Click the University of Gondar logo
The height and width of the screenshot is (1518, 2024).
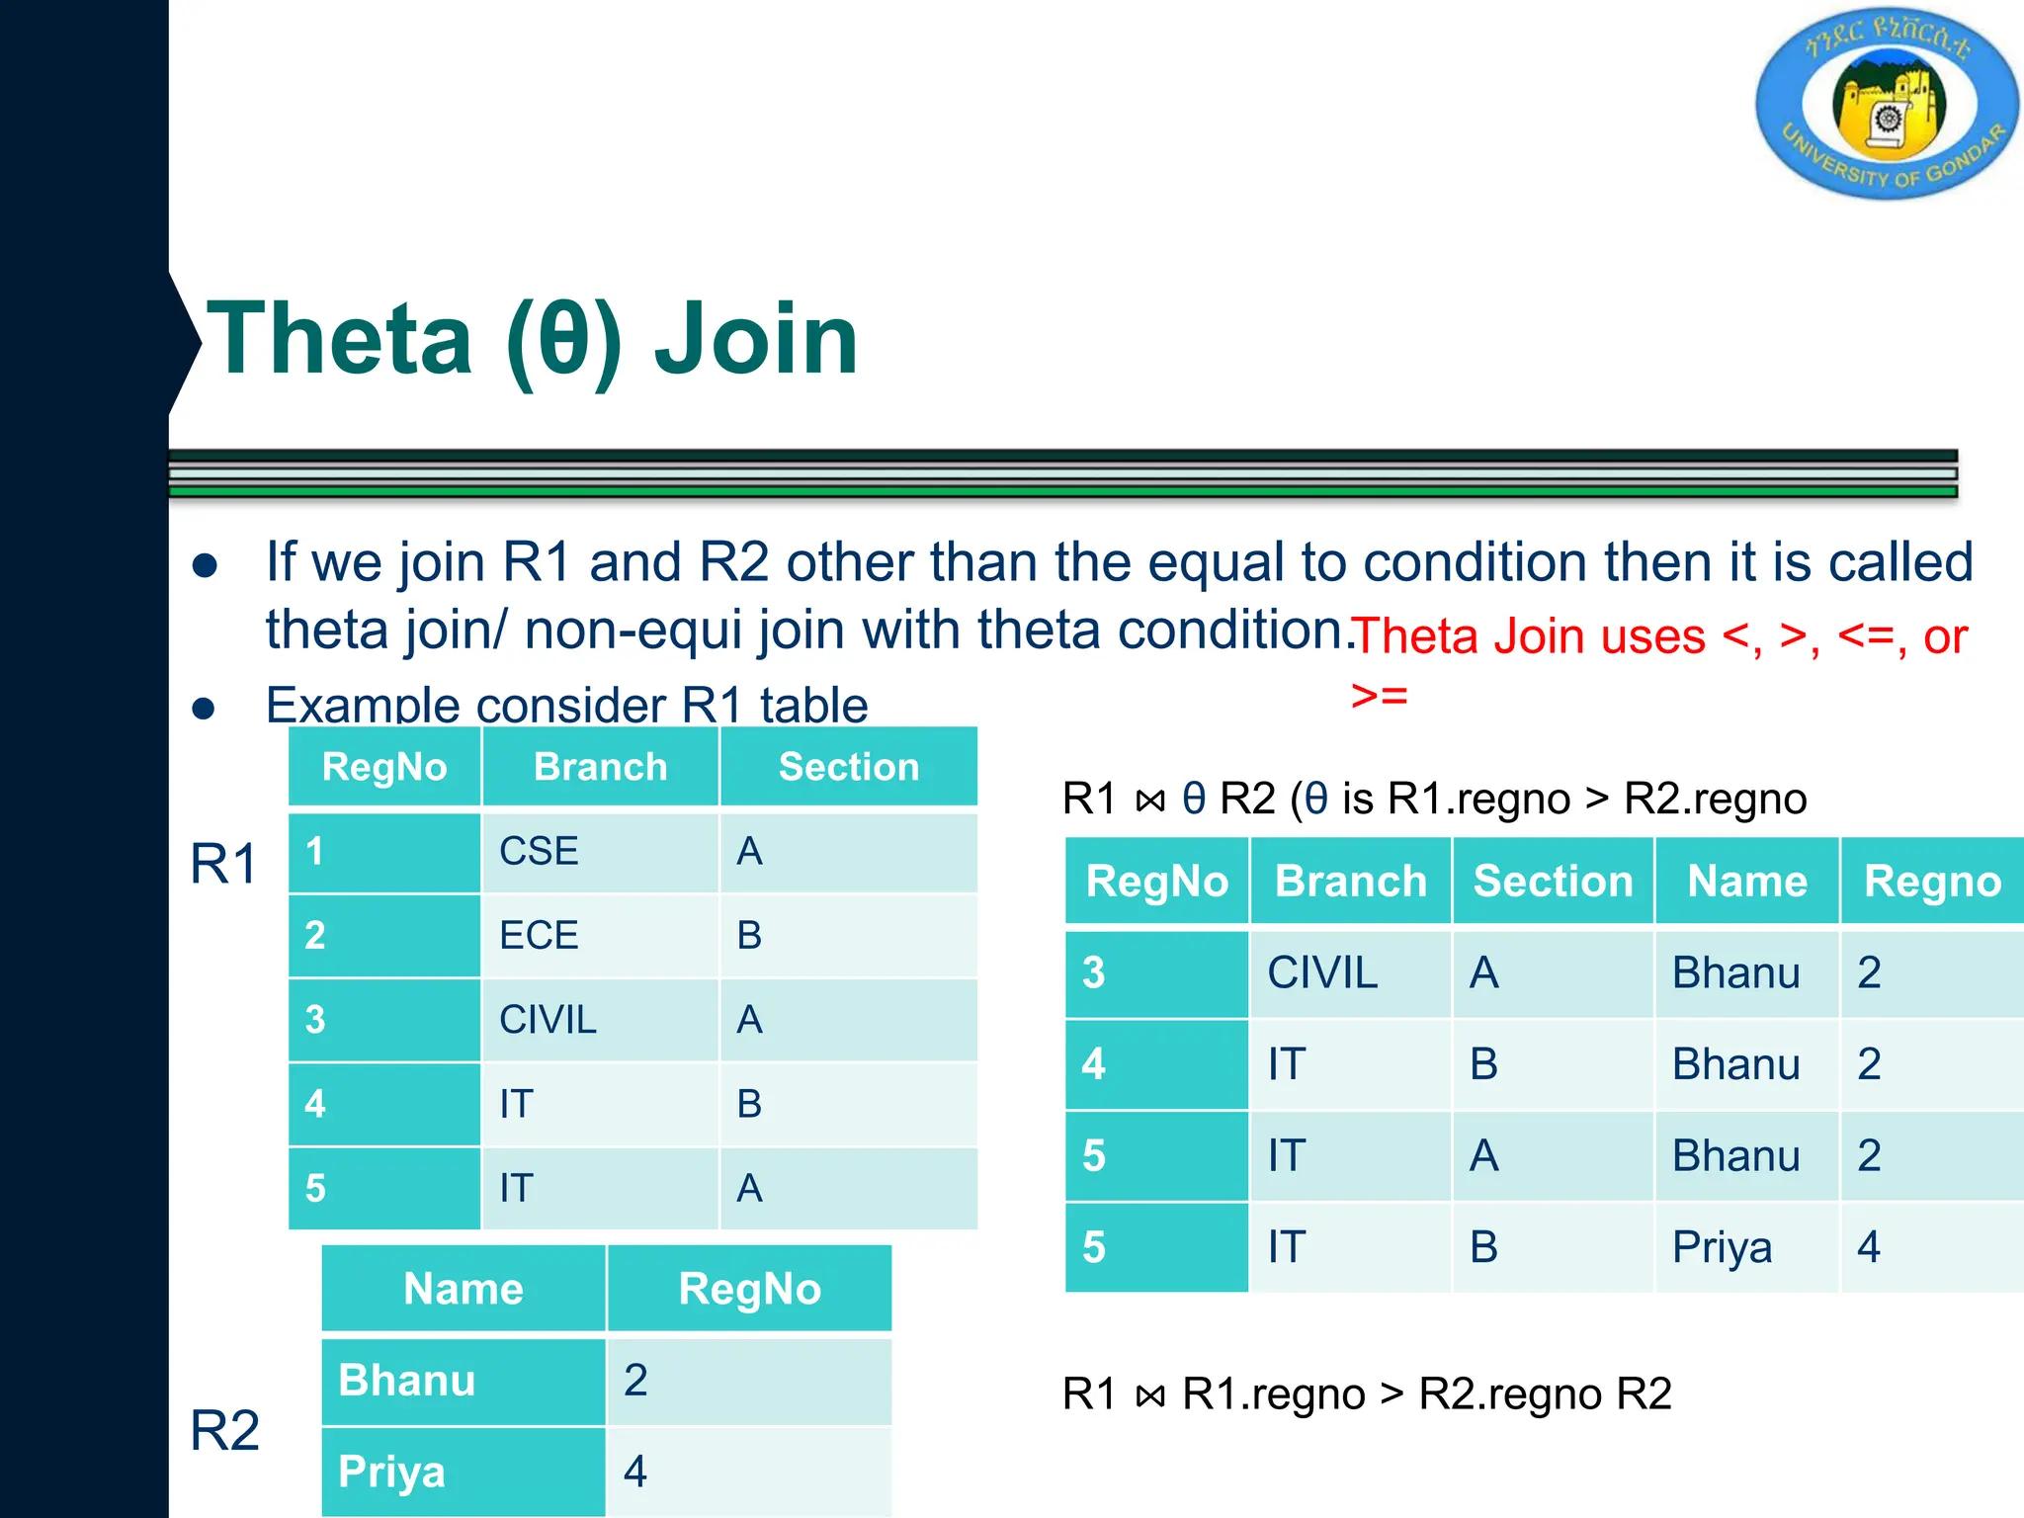click(x=1888, y=104)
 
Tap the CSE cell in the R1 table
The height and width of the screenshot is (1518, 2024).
click(x=539, y=851)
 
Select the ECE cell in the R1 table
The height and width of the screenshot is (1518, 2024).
click(x=539, y=935)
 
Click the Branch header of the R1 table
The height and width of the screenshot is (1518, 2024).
click(x=600, y=767)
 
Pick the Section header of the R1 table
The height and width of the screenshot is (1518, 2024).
click(x=848, y=767)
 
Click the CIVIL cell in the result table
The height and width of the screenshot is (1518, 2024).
click(x=1321, y=972)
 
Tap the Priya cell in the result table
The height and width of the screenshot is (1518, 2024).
click(x=1722, y=1247)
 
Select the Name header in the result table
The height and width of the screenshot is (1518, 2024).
click(x=1746, y=881)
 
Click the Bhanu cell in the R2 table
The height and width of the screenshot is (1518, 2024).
click(x=406, y=1381)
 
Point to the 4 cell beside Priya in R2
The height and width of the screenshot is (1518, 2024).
click(x=635, y=1472)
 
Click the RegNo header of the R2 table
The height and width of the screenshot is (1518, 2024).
click(x=749, y=1289)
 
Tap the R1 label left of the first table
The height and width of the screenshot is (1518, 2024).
click(x=223, y=864)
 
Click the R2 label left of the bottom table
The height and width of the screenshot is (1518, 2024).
click(x=224, y=1430)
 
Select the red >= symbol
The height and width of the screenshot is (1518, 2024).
click(x=1379, y=696)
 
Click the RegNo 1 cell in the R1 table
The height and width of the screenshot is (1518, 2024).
click(x=315, y=851)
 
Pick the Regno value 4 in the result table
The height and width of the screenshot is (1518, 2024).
click(x=1868, y=1247)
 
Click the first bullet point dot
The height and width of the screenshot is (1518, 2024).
click(x=205, y=565)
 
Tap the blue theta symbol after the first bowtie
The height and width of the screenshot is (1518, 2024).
click(x=1194, y=799)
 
